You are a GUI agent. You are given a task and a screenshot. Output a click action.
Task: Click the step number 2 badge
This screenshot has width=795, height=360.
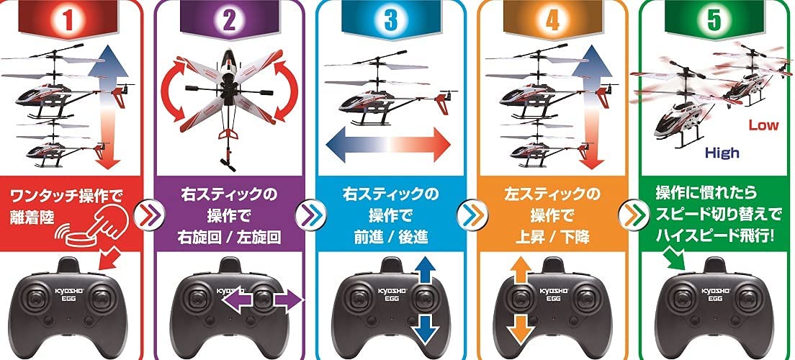(229, 19)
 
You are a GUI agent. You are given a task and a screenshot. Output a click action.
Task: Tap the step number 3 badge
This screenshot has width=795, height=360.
(391, 19)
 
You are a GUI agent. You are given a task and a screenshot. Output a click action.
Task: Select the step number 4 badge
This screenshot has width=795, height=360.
(552, 19)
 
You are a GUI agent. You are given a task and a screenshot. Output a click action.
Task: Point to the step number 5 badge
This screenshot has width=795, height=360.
(714, 19)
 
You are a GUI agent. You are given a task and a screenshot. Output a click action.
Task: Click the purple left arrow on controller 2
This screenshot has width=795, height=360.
(238, 300)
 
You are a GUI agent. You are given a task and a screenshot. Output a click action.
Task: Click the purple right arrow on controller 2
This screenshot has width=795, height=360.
(288, 300)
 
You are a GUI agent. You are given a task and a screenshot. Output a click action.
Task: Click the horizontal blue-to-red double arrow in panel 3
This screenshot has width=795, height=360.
(388, 144)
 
